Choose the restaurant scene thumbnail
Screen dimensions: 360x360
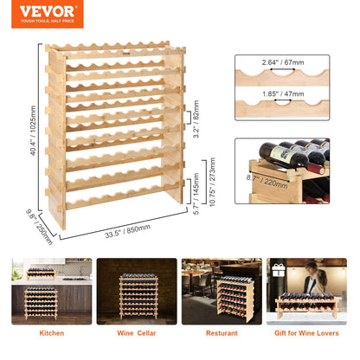(221, 292)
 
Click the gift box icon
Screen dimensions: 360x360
(279, 270)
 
